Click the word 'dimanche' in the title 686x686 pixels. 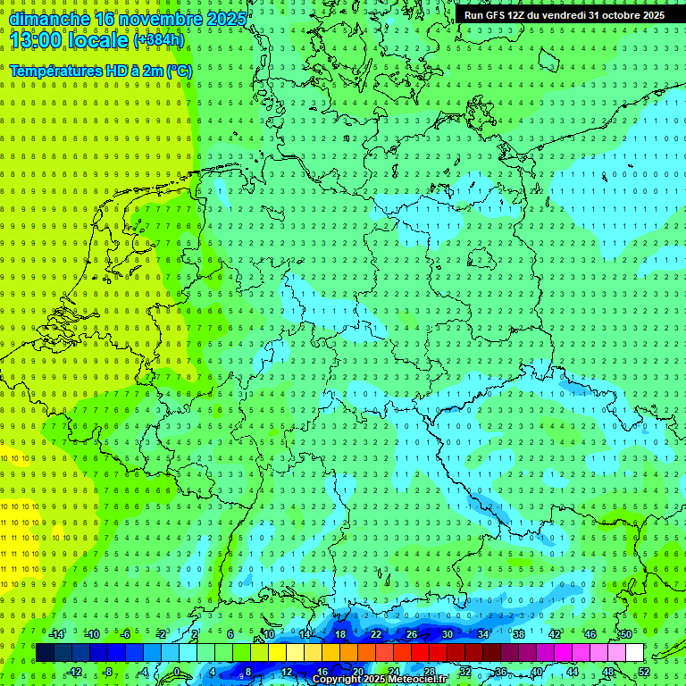click(46, 18)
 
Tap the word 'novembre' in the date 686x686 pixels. click(158, 18)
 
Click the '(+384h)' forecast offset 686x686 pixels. click(158, 39)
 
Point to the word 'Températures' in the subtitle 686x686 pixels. click(56, 70)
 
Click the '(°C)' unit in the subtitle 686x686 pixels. click(176, 70)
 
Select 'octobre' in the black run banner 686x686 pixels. click(610, 15)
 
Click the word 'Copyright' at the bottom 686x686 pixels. click(337, 680)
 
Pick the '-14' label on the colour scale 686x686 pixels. click(56, 634)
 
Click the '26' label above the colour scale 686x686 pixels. click(412, 634)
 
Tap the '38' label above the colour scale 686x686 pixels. click(519, 634)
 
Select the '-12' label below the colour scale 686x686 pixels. click(74, 672)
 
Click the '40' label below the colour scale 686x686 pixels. click(537, 672)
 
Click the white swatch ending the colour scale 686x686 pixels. click(635, 653)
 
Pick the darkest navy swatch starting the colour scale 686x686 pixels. click(45, 653)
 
